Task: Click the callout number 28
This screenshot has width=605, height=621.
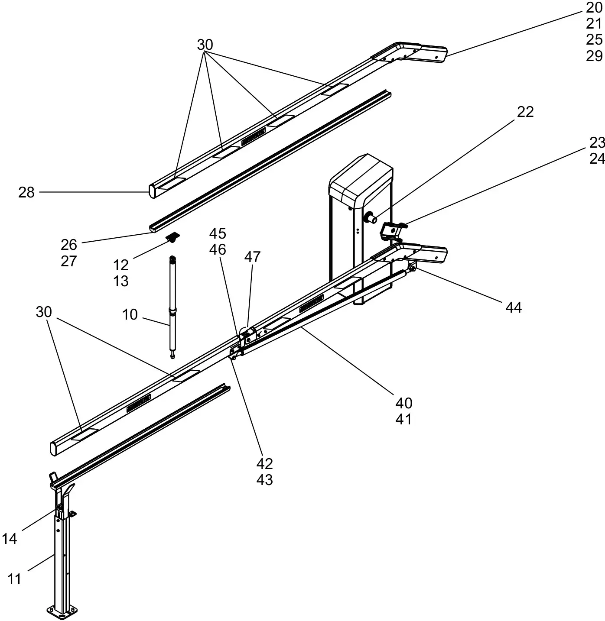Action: click(26, 192)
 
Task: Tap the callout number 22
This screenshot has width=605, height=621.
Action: click(525, 112)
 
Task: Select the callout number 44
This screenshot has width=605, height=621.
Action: click(514, 308)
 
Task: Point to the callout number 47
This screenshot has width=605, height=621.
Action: click(252, 257)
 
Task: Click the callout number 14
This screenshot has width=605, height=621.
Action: click(10, 539)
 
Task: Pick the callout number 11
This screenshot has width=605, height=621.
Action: click(14, 579)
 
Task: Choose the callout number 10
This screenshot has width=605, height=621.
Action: click(130, 315)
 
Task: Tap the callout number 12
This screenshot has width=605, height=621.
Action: click(121, 265)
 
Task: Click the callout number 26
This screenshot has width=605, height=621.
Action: click(69, 245)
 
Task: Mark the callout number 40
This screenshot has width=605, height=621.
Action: click(404, 404)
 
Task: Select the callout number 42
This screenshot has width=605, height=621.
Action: click(264, 464)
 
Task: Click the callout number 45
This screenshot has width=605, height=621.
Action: click(218, 234)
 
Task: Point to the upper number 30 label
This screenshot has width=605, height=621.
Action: click(205, 45)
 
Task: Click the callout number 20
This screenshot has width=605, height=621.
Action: click(594, 8)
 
